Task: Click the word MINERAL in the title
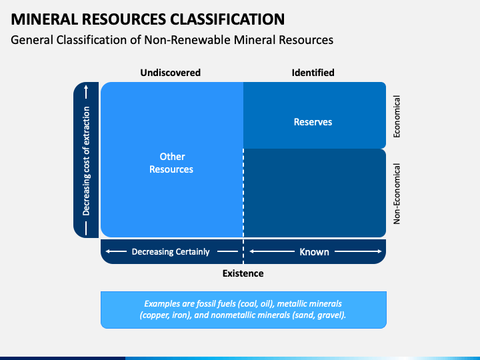45,19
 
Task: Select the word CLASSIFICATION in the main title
227,19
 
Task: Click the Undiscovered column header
171,73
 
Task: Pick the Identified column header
313,73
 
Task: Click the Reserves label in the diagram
313,122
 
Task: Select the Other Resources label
171,163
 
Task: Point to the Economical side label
397,117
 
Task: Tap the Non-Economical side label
397,194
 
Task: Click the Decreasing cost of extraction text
86,161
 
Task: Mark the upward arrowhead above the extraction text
86,87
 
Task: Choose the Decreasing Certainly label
171,251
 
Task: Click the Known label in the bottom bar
314,251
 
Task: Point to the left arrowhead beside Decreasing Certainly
108,251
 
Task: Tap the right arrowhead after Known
379,251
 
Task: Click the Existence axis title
243,273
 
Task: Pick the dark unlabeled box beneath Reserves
315,193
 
